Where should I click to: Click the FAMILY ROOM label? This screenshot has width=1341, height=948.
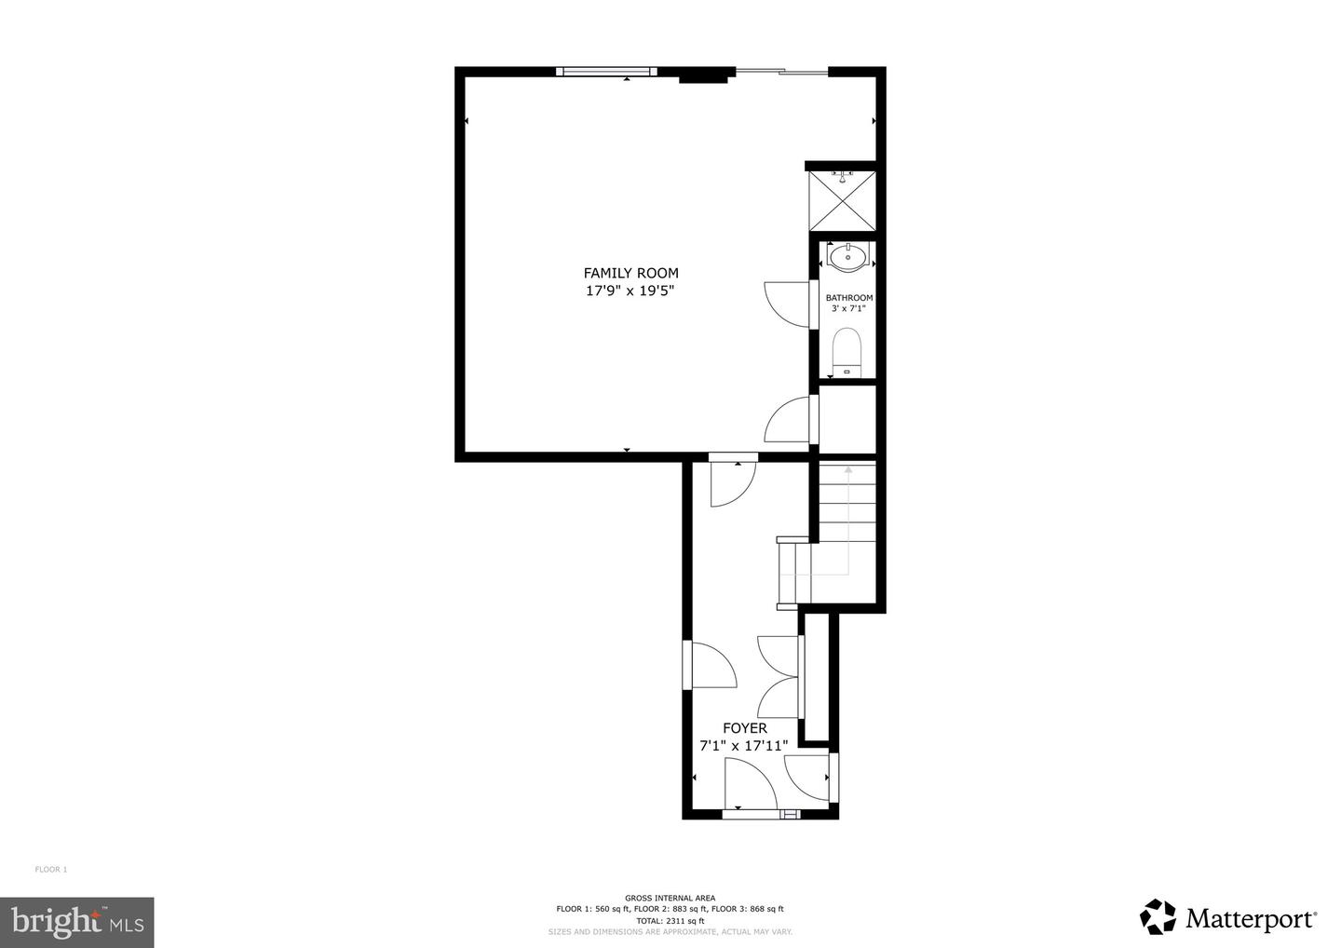click(x=631, y=274)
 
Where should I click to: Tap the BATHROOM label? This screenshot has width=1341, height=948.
click(x=849, y=297)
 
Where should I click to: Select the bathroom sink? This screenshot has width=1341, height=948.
click(x=847, y=257)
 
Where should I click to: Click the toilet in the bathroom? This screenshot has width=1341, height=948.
click(x=847, y=353)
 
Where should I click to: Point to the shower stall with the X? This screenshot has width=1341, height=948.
click(x=842, y=200)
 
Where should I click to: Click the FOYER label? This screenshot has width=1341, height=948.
click(x=745, y=728)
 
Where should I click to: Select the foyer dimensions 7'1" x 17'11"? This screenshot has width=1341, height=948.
click(x=744, y=746)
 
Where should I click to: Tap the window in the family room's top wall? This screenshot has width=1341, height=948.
click(x=606, y=72)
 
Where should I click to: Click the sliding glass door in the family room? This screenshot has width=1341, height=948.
click(x=781, y=72)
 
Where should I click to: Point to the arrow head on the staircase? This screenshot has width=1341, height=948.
click(x=848, y=470)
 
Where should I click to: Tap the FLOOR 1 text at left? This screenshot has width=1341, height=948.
click(x=51, y=870)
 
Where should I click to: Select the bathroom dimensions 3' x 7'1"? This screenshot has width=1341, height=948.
click(x=849, y=309)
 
